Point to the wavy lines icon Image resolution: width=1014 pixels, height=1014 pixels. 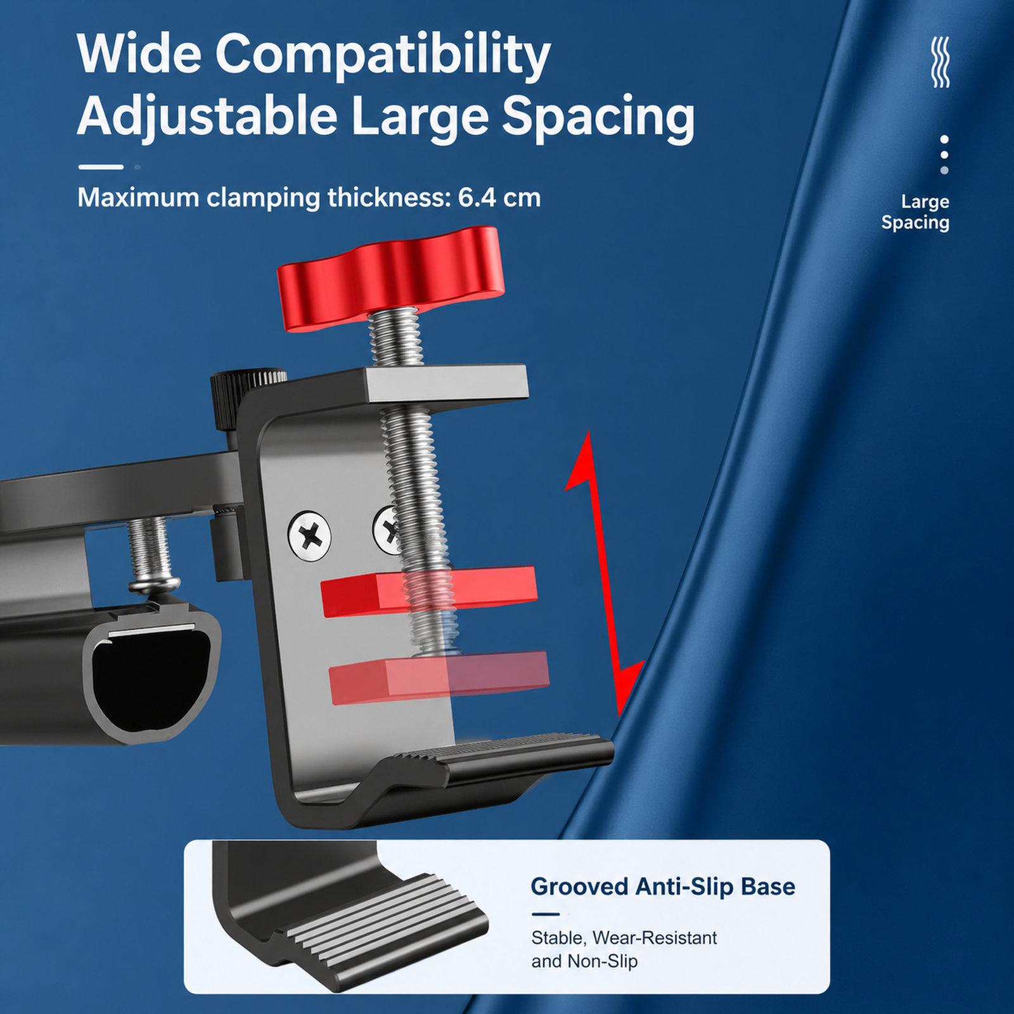coord(940,62)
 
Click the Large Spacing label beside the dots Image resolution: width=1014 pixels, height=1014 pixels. coord(915,212)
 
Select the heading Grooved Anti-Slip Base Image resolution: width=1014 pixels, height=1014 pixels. coord(662,886)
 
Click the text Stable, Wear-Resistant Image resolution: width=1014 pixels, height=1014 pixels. coord(624,937)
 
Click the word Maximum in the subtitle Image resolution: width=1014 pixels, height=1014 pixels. coord(138,198)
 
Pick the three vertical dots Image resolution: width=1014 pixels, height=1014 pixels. coord(944,155)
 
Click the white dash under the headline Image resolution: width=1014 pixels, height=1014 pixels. coord(100,167)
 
